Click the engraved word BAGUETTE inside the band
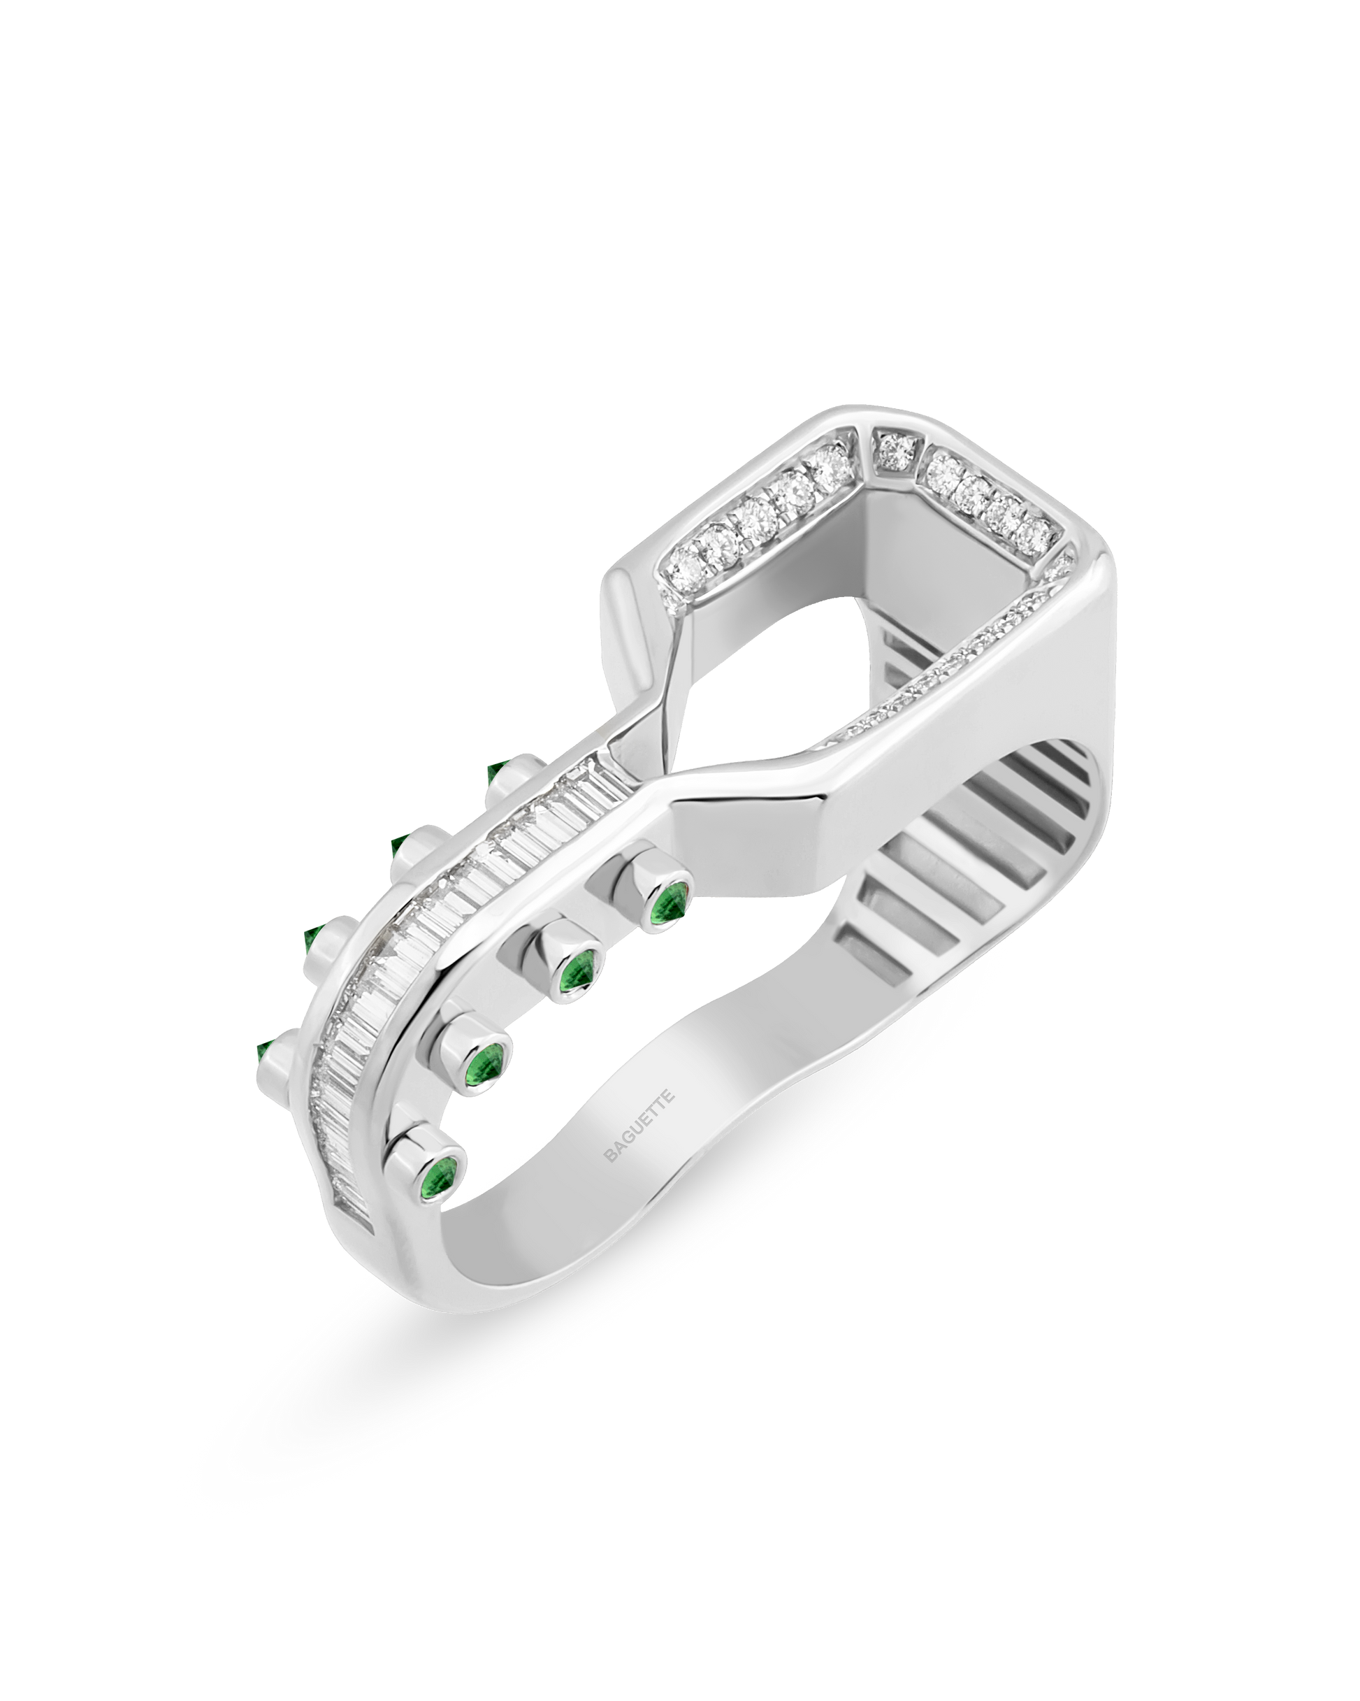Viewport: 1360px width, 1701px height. [639, 1125]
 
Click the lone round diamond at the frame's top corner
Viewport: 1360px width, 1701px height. [895, 450]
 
